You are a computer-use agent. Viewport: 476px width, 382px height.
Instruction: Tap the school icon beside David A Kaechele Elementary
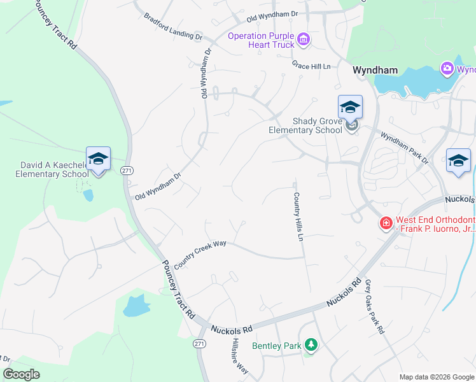pos(98,158)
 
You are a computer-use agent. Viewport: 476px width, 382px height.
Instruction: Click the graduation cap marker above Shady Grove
pos(350,106)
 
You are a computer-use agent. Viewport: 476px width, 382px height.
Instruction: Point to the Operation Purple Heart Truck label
pos(262,40)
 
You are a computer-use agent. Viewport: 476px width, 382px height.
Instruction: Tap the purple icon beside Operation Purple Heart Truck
pos(304,40)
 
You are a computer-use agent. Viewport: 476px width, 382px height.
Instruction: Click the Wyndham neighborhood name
pos(375,69)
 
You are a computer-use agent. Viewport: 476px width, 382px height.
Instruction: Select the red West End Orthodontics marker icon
pos(386,223)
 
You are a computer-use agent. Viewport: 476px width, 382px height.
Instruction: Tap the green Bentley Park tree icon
pos(311,345)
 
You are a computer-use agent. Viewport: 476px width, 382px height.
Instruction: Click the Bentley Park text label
pos(276,346)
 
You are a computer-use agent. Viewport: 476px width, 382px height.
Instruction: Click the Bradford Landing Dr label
pos(173,26)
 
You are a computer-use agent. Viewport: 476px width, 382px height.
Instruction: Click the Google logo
pos(20,374)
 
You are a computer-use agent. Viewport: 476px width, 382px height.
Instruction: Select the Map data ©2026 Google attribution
pos(436,377)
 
